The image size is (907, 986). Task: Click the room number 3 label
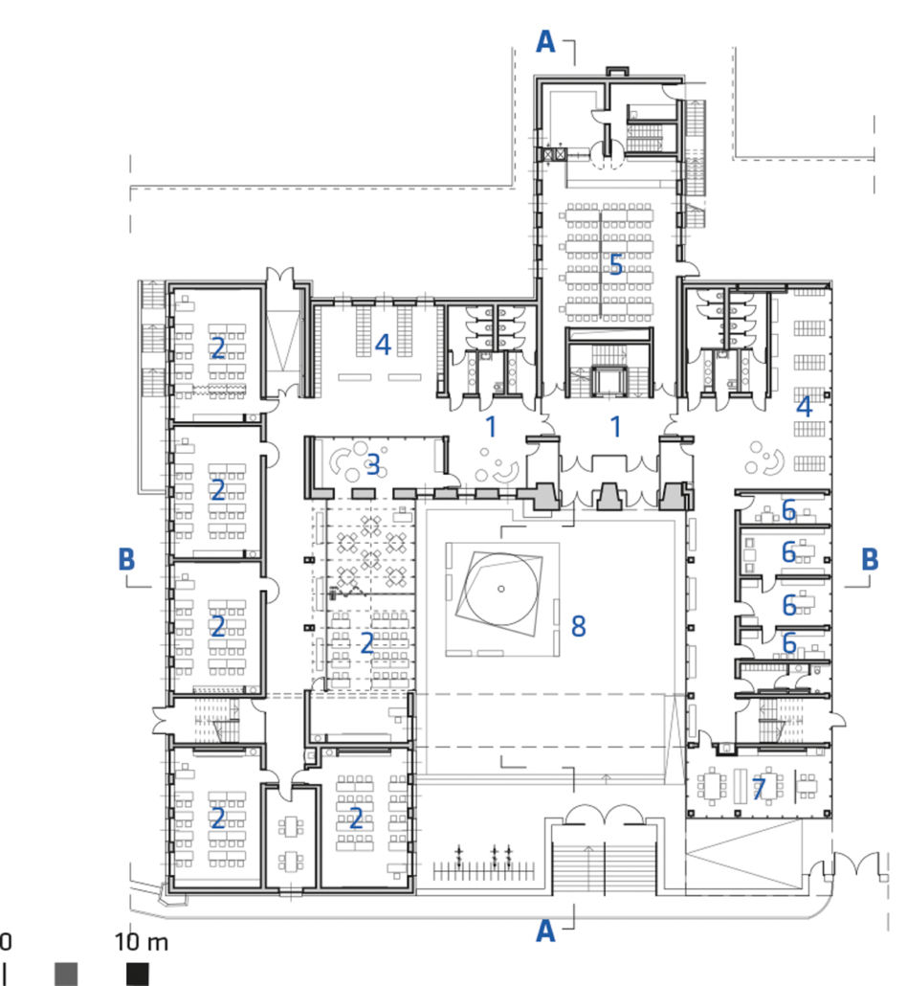point(373,465)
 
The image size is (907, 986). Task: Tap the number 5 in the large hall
point(616,265)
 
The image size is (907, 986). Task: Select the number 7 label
point(760,789)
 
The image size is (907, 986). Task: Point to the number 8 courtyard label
point(578,626)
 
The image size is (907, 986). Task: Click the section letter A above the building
point(545,41)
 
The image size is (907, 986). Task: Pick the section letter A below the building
point(545,930)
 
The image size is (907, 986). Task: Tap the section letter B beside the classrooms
point(126,559)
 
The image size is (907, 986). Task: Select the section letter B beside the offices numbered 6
point(870,559)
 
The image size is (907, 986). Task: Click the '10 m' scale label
point(142,942)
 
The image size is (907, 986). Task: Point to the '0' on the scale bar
point(5,942)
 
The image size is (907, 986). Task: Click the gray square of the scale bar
point(67,974)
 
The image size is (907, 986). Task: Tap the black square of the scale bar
point(139,974)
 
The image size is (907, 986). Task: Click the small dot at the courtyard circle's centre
point(501,590)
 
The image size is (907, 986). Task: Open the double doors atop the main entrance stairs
point(604,815)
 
